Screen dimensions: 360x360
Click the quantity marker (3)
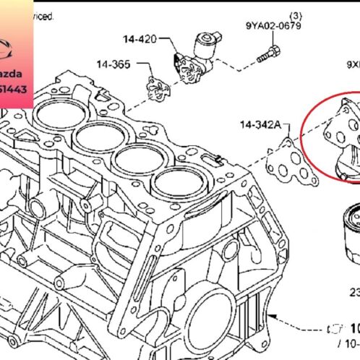[x=295, y=14]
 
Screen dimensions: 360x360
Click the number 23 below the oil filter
[x=354, y=293]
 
